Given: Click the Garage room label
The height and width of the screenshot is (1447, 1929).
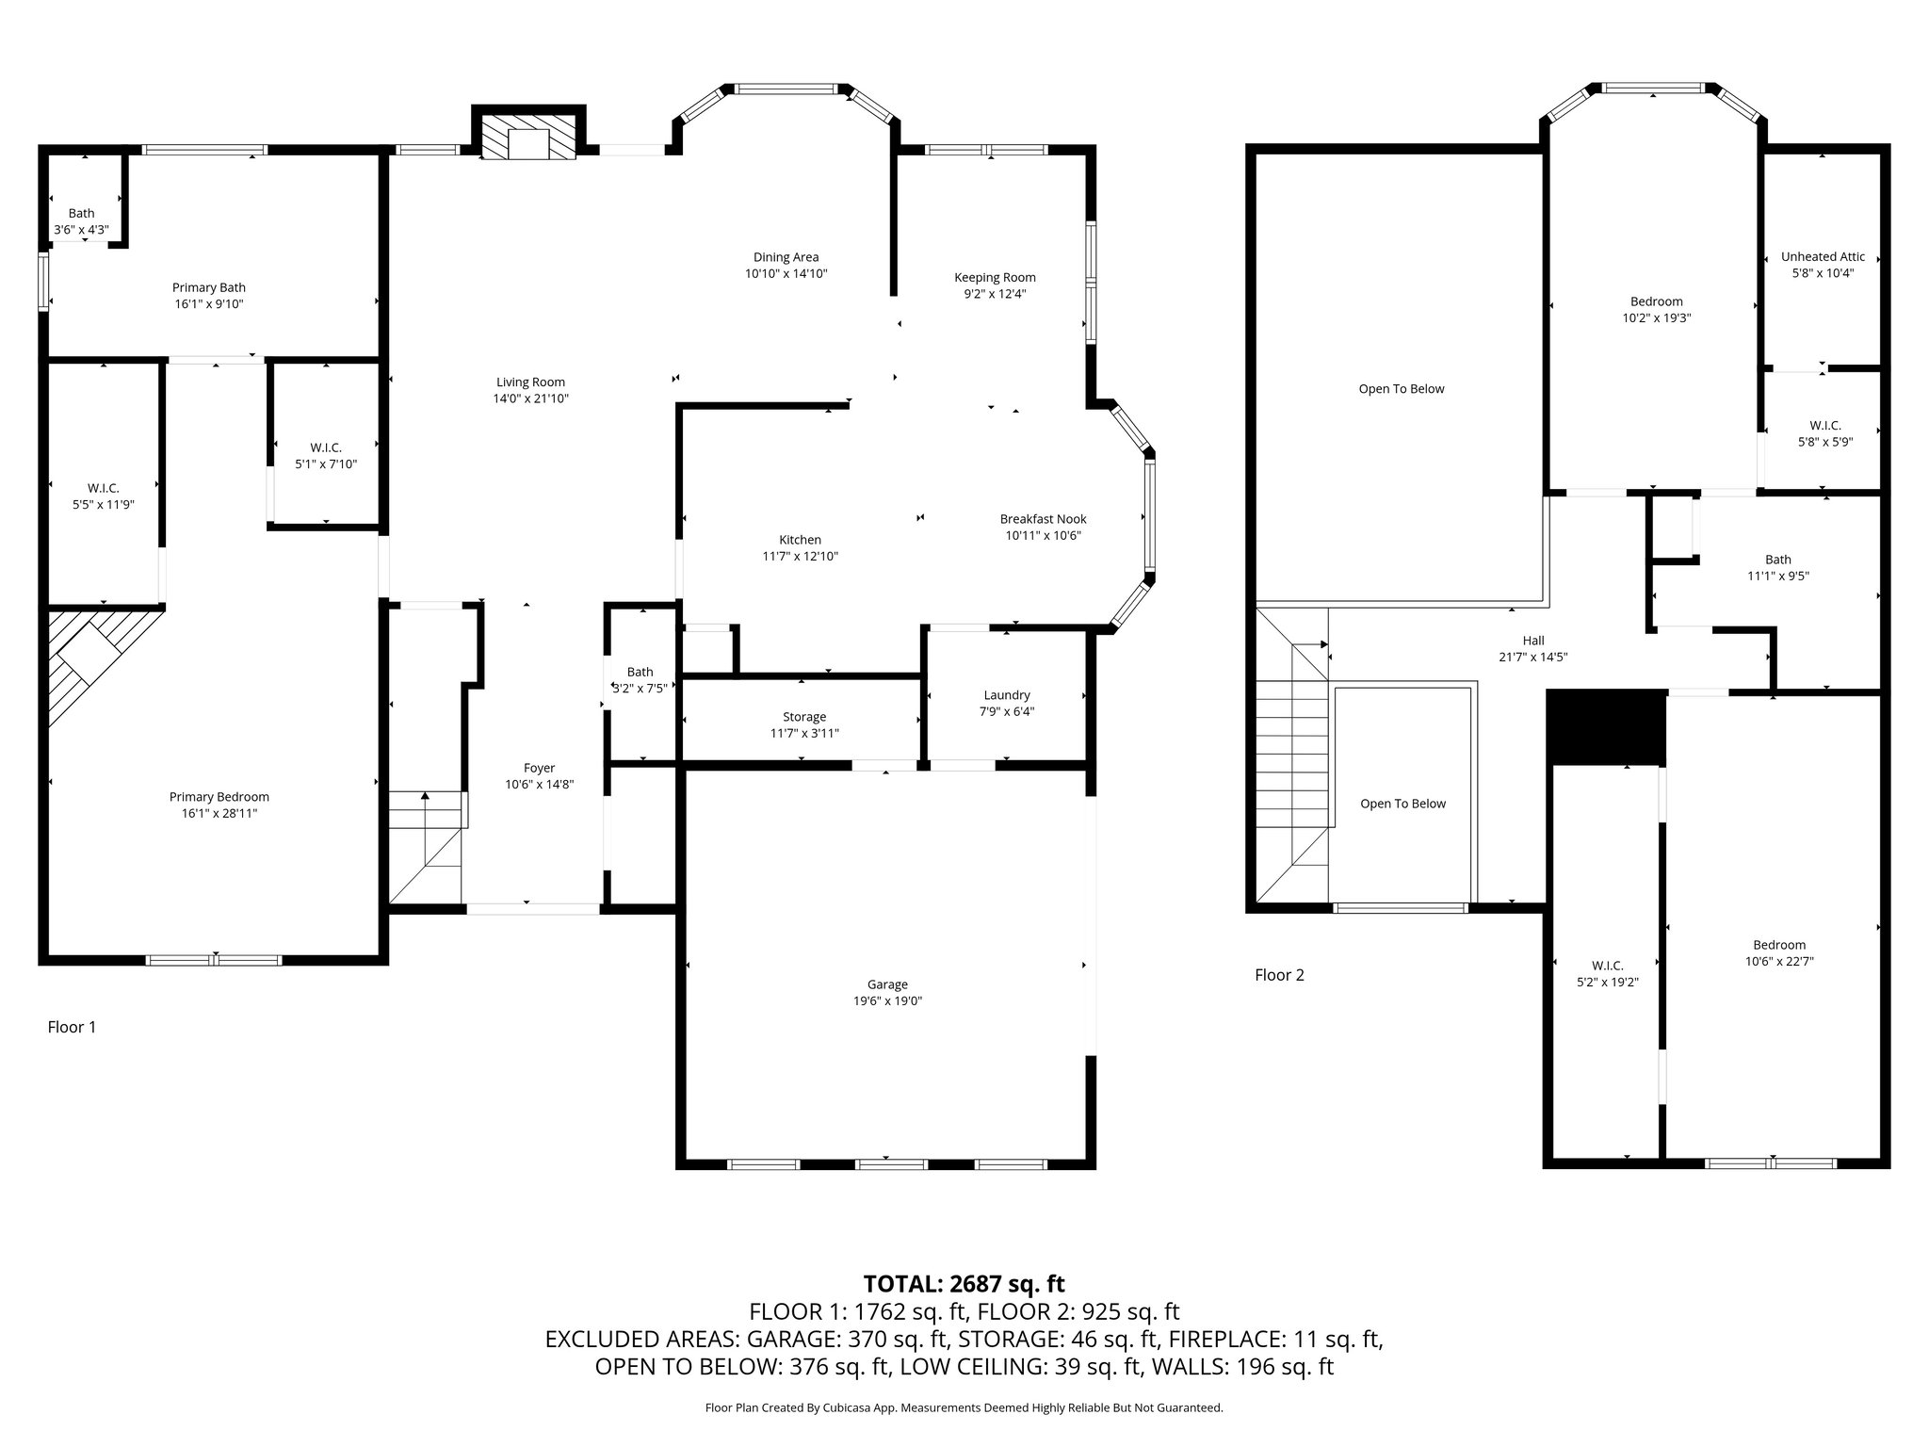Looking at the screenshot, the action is click(887, 984).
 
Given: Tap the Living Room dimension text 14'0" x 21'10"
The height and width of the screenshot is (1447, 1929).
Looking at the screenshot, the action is click(531, 398).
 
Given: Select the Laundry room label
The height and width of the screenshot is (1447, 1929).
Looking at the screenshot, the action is click(1007, 695).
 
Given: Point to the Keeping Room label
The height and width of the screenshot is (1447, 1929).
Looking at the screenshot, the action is click(995, 277).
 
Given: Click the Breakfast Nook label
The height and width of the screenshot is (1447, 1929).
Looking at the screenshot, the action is click(1043, 519).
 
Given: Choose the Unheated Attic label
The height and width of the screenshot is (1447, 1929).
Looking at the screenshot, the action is click(1823, 256).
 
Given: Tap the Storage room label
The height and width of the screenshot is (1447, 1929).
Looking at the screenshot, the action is click(804, 717).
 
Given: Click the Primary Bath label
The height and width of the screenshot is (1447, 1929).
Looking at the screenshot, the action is click(209, 287).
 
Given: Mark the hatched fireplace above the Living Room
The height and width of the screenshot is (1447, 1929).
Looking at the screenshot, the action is click(528, 138).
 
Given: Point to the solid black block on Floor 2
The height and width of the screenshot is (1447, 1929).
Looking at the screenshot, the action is click(1607, 727).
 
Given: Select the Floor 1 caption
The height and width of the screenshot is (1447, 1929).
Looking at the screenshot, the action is click(72, 1027).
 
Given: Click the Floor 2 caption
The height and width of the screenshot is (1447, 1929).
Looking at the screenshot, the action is click(1279, 975).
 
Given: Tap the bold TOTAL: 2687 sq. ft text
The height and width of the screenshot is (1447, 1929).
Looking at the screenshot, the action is click(964, 1283).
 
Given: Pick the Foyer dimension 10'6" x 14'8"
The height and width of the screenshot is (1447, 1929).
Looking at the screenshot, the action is click(540, 784).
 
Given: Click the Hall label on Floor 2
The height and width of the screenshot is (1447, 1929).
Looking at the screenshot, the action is click(1533, 641).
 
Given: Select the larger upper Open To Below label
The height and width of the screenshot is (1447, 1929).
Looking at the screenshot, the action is click(1402, 389).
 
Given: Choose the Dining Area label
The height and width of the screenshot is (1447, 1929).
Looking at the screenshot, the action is click(786, 257).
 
